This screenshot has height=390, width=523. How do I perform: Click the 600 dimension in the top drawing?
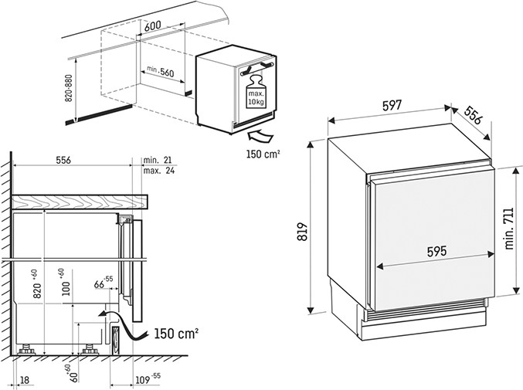coord(153,25)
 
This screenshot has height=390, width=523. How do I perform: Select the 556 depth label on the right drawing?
coord(478,117)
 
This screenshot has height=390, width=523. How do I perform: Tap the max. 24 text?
coord(161,171)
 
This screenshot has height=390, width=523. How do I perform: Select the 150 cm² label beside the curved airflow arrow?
coord(177,334)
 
